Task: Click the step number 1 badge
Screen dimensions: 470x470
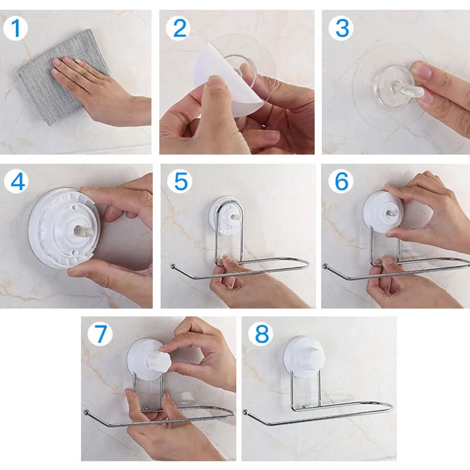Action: pyautogui.click(x=15, y=28)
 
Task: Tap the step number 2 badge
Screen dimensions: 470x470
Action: pyautogui.click(x=178, y=28)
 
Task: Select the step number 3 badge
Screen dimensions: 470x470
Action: pyautogui.click(x=341, y=28)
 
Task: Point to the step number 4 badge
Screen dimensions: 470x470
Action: pyautogui.click(x=16, y=182)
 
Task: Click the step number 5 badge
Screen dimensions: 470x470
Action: pyautogui.click(x=180, y=182)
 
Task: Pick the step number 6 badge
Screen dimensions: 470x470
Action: pyautogui.click(x=341, y=182)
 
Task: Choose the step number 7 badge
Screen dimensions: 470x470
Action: pyautogui.click(x=100, y=334)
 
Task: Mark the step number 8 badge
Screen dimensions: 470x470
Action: pyautogui.click(x=261, y=334)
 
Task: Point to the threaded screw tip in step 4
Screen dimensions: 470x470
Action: pyautogui.click(x=86, y=230)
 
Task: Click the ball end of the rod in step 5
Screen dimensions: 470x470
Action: pyautogui.click(x=173, y=266)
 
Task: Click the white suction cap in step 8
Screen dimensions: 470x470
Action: pyautogui.click(x=304, y=356)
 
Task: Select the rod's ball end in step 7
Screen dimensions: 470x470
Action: pyautogui.click(x=87, y=412)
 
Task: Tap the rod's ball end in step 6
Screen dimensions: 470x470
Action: pyautogui.click(x=325, y=266)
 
